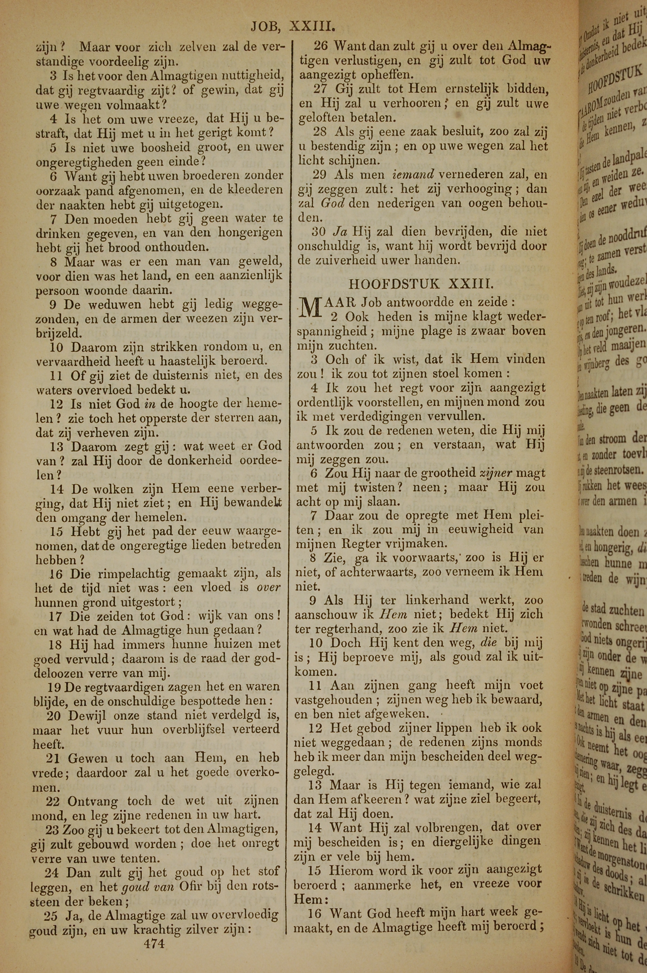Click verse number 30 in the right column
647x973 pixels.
tap(320, 231)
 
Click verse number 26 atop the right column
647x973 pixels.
tap(320, 45)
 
